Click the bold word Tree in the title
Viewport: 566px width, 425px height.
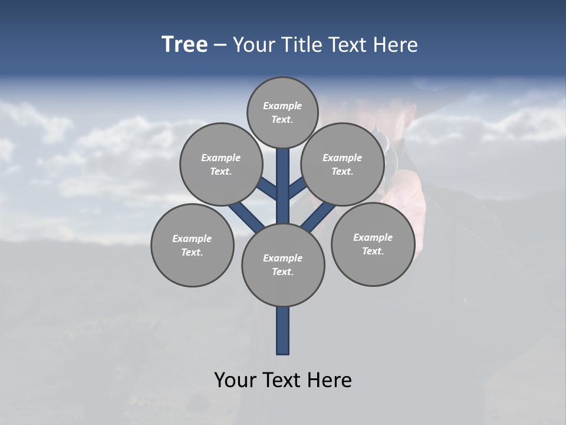(185, 45)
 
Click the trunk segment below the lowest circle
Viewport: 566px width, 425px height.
(283, 331)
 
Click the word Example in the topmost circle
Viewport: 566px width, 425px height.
(282, 106)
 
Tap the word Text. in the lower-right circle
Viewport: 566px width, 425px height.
(373, 251)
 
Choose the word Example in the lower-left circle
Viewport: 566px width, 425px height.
(192, 238)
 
